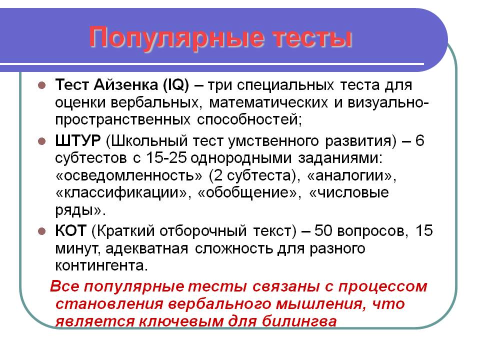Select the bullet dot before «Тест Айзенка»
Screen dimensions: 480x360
click(x=41, y=85)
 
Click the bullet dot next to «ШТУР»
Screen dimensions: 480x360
click(x=41, y=141)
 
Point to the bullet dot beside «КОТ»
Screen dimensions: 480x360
click(x=41, y=231)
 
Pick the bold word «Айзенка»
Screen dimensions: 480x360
click(x=126, y=84)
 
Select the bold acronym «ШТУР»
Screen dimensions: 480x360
click(x=78, y=141)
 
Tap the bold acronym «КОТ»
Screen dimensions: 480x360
click(x=70, y=230)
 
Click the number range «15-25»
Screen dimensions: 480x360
click(x=166, y=158)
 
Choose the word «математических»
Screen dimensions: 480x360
click(x=268, y=102)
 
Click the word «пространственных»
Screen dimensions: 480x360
click(x=123, y=119)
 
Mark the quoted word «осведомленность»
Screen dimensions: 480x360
click(x=129, y=175)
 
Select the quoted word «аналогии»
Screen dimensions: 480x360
click(x=349, y=175)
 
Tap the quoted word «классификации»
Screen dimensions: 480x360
click(x=121, y=193)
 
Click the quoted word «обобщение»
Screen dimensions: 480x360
click(x=247, y=193)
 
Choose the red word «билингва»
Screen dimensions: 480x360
click(x=299, y=321)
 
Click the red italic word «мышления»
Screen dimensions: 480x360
click(x=318, y=304)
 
